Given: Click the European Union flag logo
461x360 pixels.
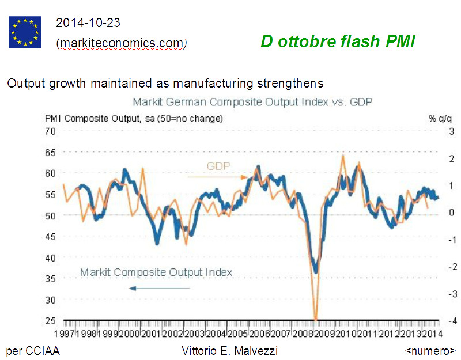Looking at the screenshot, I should click(x=25, y=32).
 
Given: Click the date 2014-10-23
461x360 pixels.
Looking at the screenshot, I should click(x=88, y=23).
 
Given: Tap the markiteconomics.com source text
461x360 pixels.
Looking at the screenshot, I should click(x=122, y=43).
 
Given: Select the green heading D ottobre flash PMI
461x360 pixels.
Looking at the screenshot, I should click(x=338, y=41).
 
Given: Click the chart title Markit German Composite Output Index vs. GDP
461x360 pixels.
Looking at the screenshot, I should click(x=253, y=103).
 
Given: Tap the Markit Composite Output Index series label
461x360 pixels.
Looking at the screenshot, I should click(x=156, y=272).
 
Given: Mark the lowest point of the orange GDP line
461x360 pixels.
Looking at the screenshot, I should click(x=316, y=319).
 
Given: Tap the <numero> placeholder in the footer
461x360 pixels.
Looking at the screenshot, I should click(x=430, y=350).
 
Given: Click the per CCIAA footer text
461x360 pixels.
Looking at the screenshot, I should click(x=33, y=350).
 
